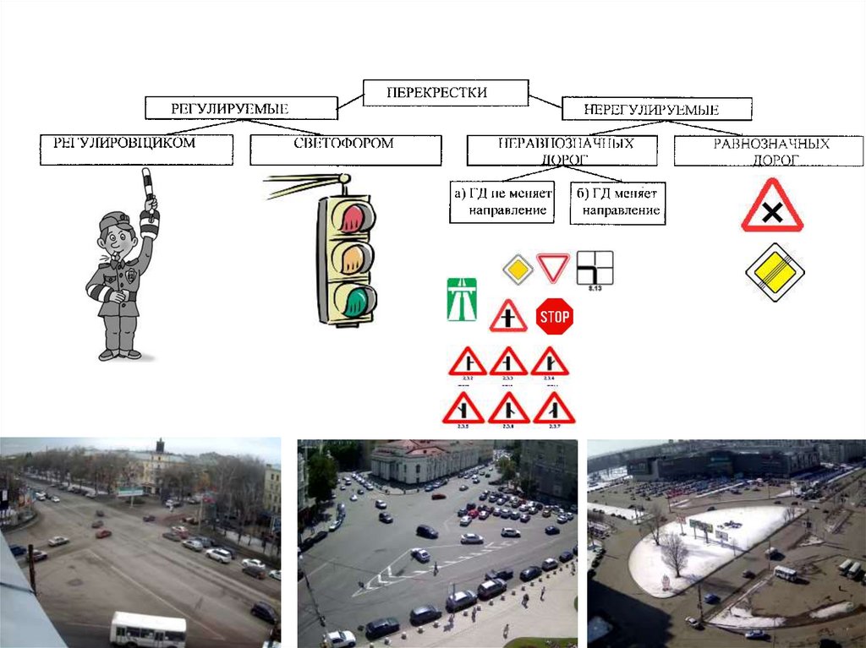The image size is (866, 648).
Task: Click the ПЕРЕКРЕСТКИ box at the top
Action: [446, 92]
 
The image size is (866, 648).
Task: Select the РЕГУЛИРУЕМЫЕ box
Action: [241, 108]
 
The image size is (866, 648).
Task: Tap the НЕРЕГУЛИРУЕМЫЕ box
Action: [656, 109]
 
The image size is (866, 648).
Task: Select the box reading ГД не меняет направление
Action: [502, 202]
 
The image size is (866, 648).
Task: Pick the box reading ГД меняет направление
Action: [617, 203]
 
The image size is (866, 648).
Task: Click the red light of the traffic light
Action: [354, 217]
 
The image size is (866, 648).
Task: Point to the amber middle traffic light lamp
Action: [354, 258]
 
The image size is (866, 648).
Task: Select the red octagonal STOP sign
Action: [555, 317]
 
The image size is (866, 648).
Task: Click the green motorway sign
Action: [461, 299]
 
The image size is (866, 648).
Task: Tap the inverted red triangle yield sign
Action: [554, 268]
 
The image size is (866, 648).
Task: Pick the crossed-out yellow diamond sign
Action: [774, 272]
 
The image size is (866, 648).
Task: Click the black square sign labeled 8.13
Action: [595, 268]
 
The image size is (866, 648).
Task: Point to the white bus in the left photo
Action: [148, 629]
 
